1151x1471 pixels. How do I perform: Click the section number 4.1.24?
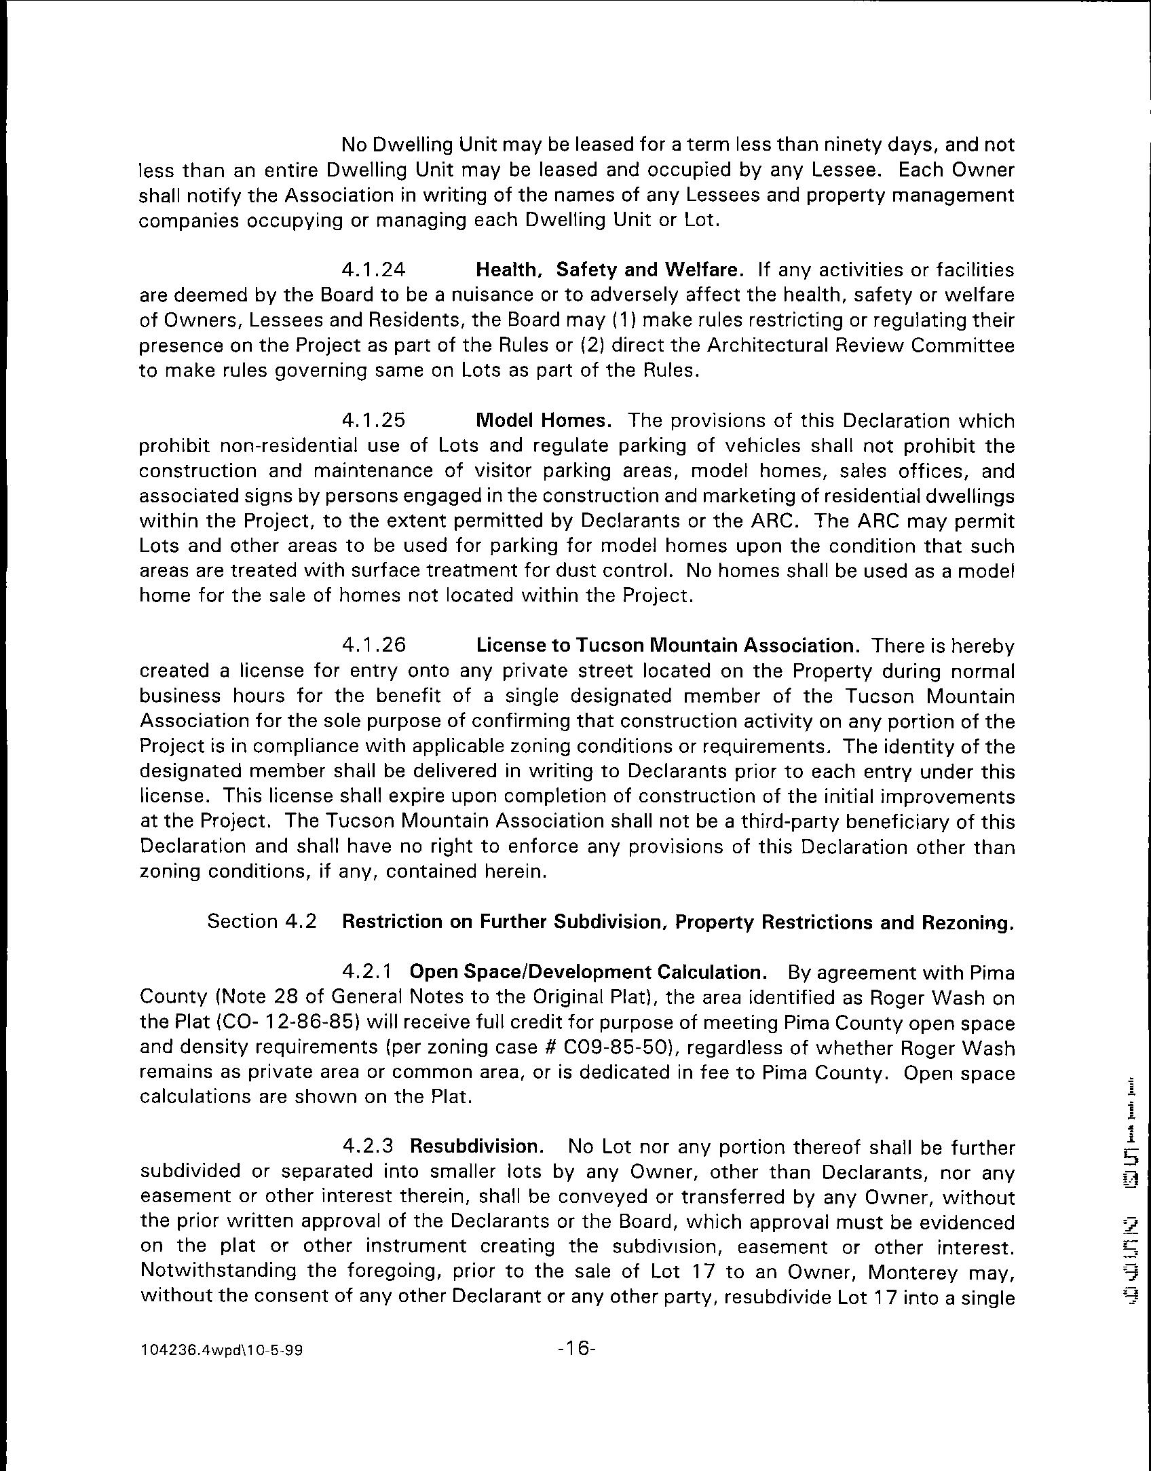click(x=373, y=270)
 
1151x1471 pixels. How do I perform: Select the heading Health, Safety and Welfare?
click(x=609, y=270)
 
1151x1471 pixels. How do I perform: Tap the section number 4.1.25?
click(x=373, y=421)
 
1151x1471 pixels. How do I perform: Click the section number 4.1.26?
click(x=373, y=645)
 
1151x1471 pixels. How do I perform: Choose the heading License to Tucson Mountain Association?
click(x=668, y=645)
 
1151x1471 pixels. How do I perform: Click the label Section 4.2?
click(x=262, y=922)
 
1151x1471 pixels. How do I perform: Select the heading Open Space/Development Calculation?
click(x=588, y=972)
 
